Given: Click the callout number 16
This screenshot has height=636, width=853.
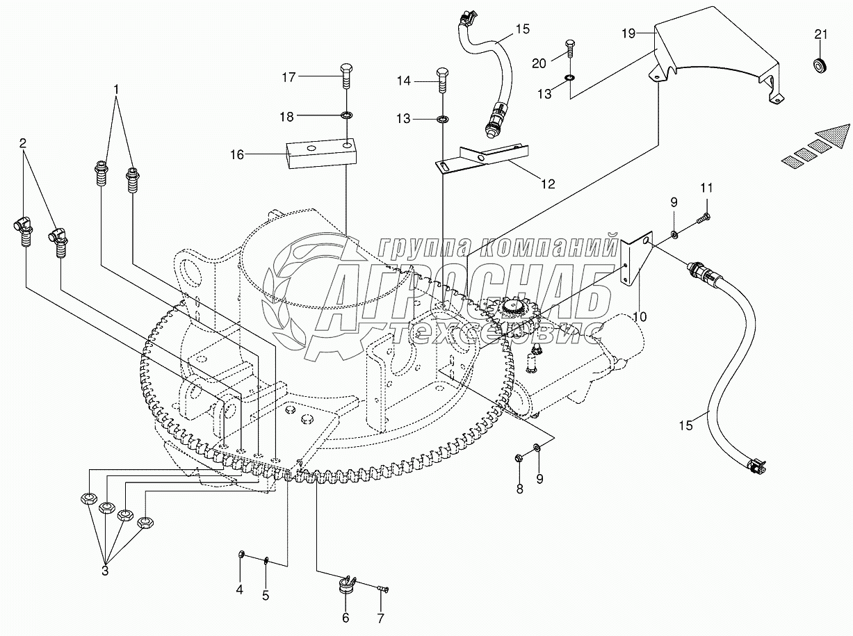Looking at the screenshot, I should pyautogui.click(x=237, y=155).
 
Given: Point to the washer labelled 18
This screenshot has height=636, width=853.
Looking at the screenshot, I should pyautogui.click(x=346, y=115).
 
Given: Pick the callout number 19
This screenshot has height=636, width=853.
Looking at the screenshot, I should pyautogui.click(x=628, y=33).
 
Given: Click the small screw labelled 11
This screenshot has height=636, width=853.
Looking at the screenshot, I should pyautogui.click(x=704, y=218).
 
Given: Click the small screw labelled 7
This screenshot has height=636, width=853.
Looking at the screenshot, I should pyautogui.click(x=382, y=589).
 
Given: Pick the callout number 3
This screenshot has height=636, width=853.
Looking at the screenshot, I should pyautogui.click(x=105, y=571).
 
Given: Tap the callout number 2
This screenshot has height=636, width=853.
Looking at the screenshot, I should pyautogui.click(x=23, y=143).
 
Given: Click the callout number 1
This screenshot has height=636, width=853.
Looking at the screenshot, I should pyautogui.click(x=116, y=90).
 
